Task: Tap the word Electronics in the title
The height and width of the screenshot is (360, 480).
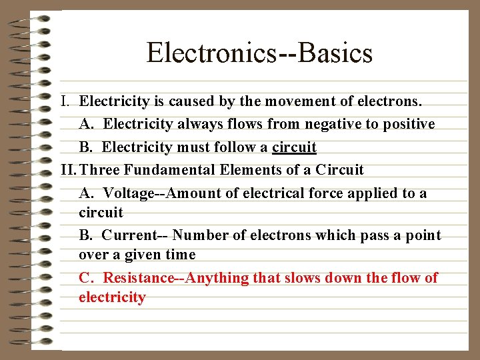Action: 212,53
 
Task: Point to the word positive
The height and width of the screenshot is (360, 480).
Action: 407,125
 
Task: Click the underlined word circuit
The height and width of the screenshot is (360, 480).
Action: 294,147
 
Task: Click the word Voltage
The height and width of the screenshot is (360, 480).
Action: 128,193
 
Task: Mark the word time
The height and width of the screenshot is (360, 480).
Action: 180,255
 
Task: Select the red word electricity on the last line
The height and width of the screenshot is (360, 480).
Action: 112,297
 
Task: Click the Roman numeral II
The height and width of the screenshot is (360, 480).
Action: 67,170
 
